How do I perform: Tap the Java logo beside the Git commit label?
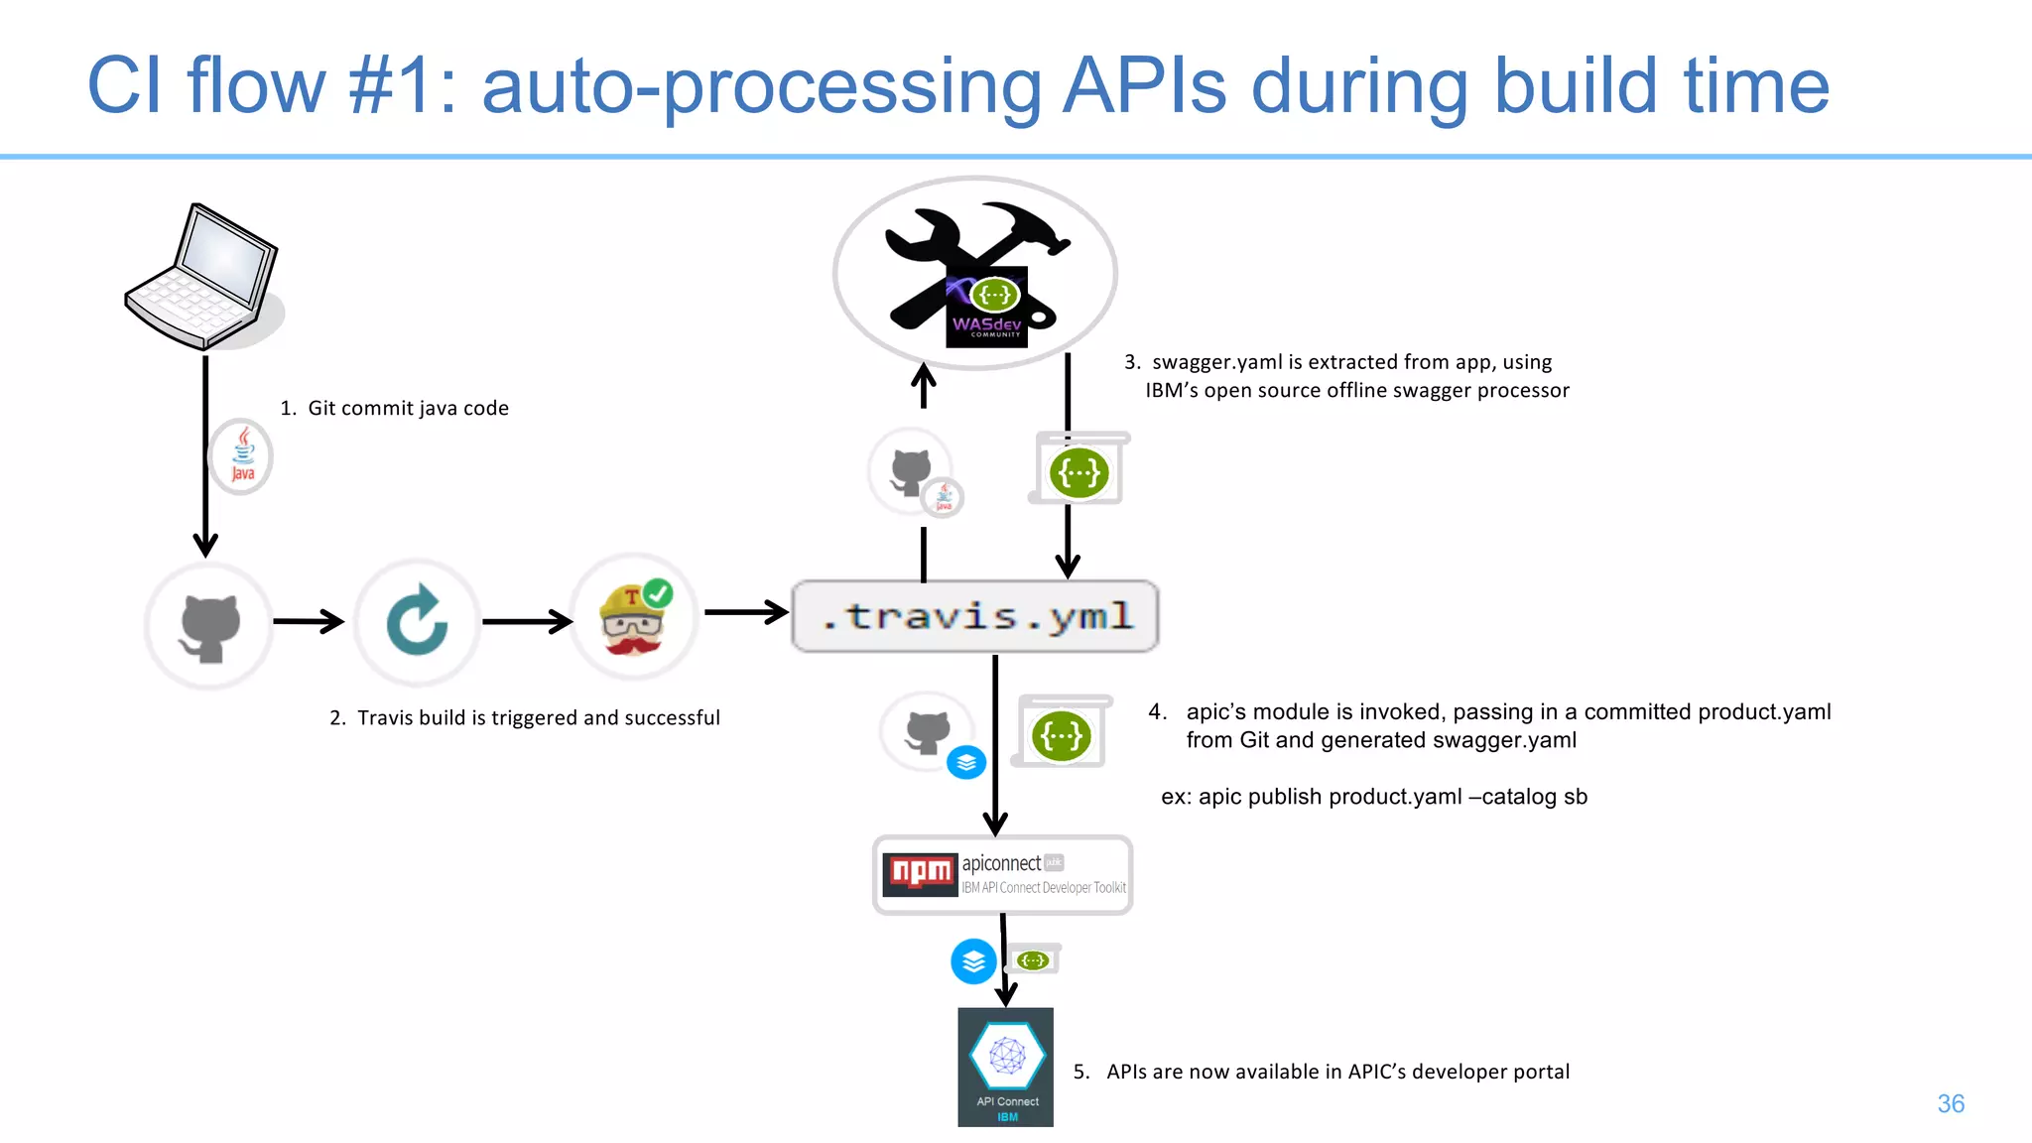click(x=242, y=457)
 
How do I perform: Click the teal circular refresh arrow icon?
click(x=417, y=622)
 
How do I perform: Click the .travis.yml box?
click(x=975, y=616)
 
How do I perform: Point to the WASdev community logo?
click(x=986, y=308)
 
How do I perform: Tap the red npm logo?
click(x=920, y=873)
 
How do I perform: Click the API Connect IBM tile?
click(x=1005, y=1067)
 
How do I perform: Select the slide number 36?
click(x=1950, y=1103)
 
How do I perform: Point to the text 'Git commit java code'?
click(x=408, y=408)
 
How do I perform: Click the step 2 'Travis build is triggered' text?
click(x=538, y=717)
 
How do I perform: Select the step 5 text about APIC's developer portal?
click(x=1336, y=1072)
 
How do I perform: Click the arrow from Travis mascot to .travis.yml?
click(x=746, y=612)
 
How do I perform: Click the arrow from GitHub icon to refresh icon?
click(x=309, y=622)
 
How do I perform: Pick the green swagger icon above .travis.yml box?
click(x=1079, y=472)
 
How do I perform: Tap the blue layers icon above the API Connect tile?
click(x=973, y=961)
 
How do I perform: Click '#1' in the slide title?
click(x=390, y=86)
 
